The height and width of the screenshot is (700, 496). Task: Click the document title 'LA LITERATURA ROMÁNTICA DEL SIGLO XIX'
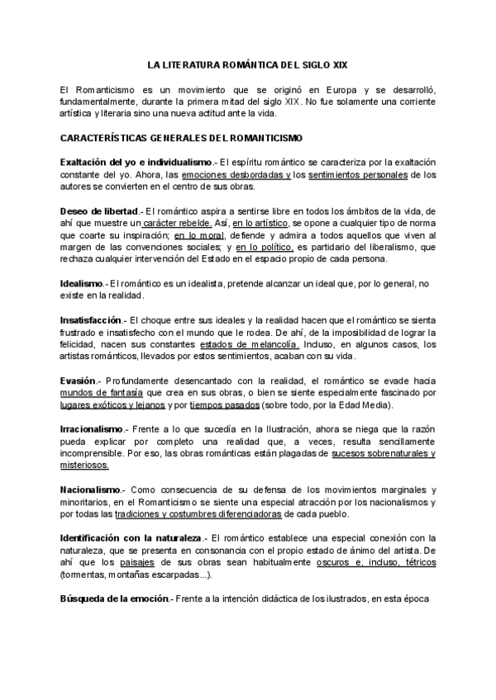click(x=248, y=64)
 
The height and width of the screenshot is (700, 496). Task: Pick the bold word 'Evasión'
click(x=79, y=381)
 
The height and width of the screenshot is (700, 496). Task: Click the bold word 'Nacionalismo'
click(x=90, y=490)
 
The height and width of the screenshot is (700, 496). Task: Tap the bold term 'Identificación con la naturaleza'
click(x=131, y=538)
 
